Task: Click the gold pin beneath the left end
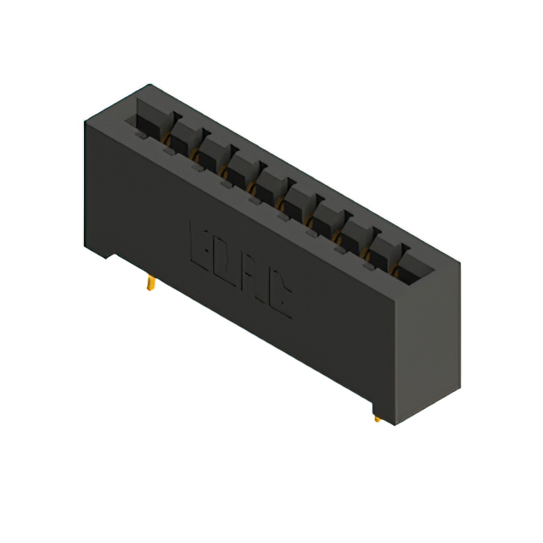149,283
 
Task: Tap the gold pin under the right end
377,417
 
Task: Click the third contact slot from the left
212,149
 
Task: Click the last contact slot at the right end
416,262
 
